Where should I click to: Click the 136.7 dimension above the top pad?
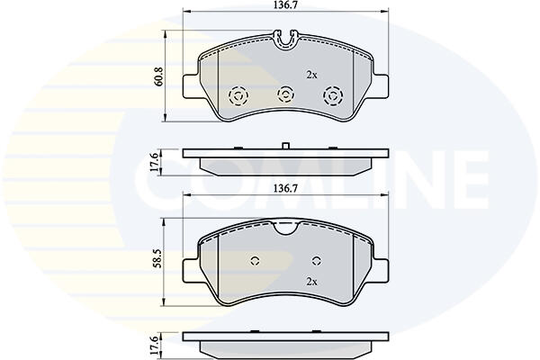(x=285, y=5)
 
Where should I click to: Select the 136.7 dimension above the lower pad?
(x=285, y=188)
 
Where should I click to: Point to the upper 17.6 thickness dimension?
(x=156, y=162)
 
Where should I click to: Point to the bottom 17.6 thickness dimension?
(x=156, y=346)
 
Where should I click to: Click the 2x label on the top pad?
(x=311, y=75)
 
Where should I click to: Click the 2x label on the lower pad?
(x=311, y=282)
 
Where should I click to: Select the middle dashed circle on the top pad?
(x=285, y=94)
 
